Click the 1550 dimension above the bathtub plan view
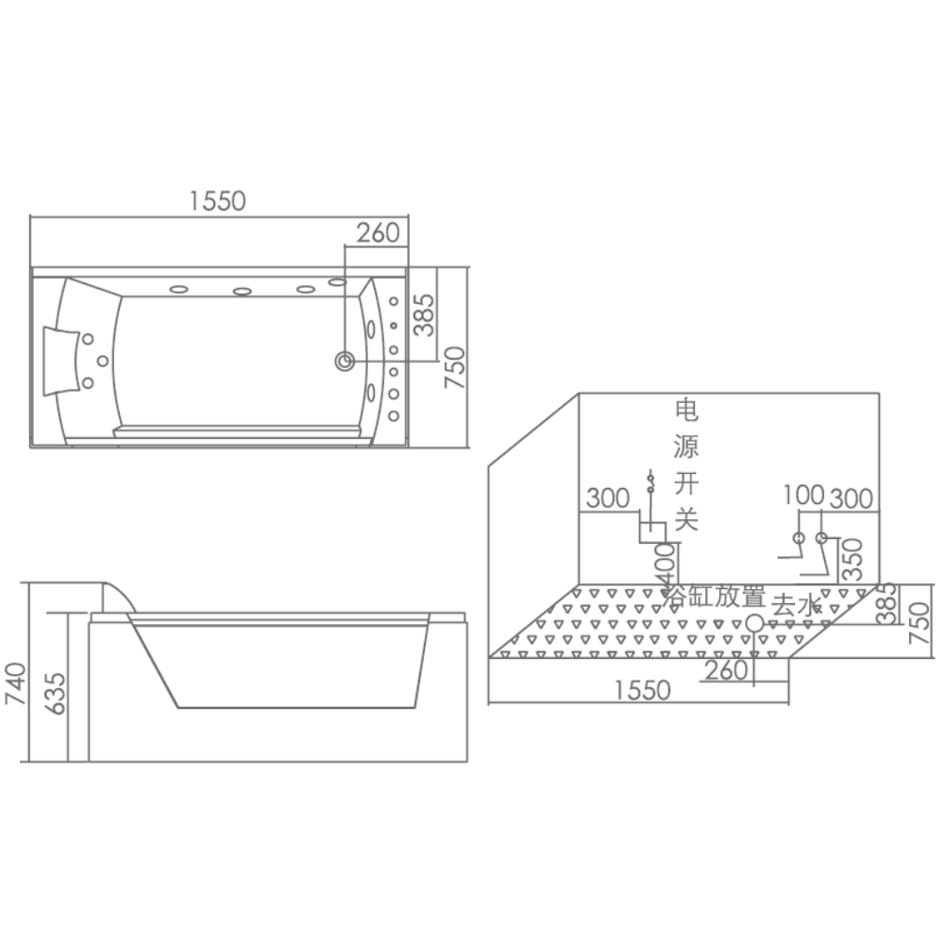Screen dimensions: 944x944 217,200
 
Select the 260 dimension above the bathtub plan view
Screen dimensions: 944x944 378,232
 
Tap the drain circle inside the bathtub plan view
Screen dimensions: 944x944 345,362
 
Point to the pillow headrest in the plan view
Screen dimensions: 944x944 62,362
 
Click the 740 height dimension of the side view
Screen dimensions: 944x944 15,683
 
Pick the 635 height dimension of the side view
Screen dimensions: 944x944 56,694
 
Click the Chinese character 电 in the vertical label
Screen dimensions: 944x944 686,410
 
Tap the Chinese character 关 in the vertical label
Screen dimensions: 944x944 686,518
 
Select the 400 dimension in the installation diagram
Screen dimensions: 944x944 666,565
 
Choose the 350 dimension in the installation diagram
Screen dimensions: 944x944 852,559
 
